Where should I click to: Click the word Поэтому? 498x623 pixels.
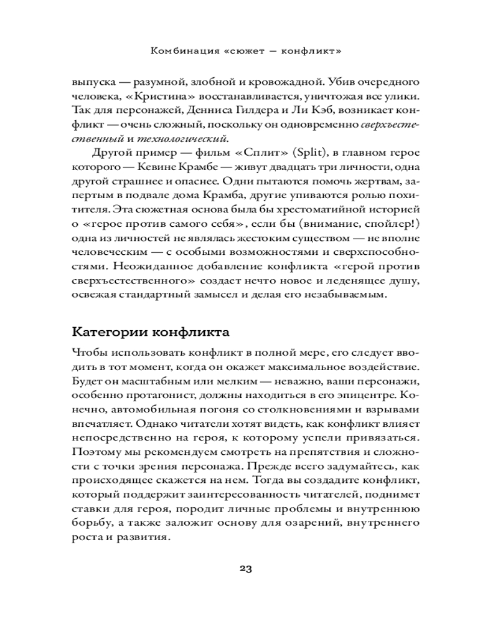(96, 454)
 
